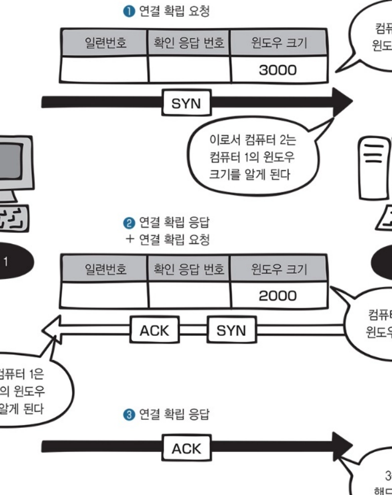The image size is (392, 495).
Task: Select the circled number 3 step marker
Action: click(129, 414)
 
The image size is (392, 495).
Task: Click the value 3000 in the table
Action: click(278, 70)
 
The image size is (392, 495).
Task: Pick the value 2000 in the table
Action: click(278, 296)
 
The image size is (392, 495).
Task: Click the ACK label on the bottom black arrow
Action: click(186, 449)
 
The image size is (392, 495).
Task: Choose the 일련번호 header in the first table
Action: click(105, 43)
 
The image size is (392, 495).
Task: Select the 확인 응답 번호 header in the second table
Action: click(189, 269)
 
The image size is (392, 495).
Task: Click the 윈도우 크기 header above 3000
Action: click(278, 43)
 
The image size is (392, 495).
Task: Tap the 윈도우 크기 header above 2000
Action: click(278, 269)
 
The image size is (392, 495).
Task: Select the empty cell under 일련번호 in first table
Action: click(105, 70)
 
